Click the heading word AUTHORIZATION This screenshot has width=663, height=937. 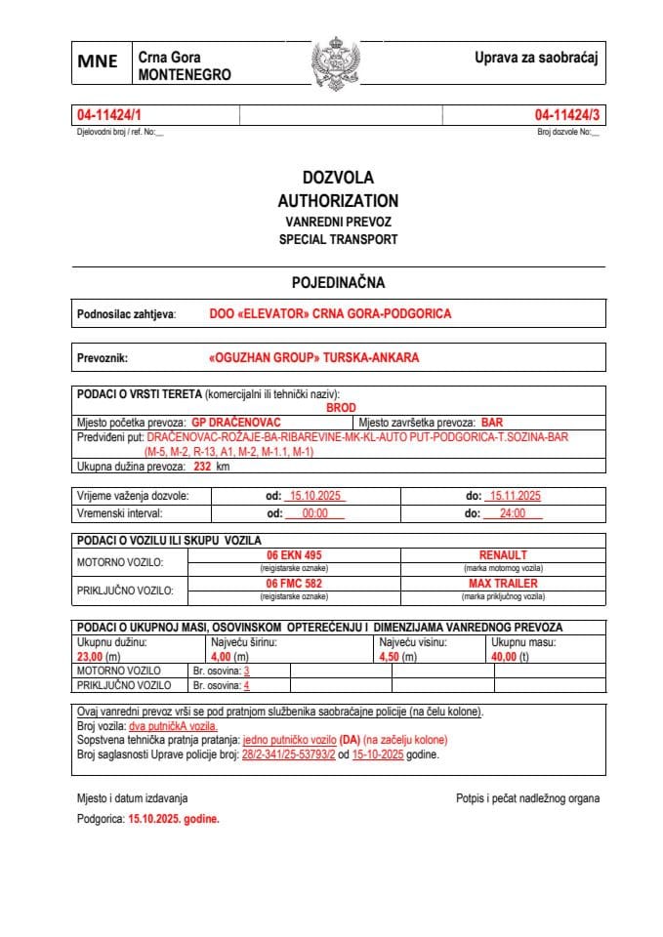point(338,200)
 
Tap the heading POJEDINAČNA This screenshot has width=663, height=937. point(338,283)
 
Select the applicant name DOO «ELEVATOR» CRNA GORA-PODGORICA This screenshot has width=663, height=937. point(330,314)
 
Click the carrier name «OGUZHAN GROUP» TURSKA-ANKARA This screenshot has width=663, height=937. point(314,358)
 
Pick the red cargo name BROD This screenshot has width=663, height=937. point(342,408)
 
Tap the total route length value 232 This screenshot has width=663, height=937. point(202,467)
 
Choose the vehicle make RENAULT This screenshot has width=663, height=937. point(503,555)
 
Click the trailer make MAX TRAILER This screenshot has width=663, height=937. point(503,584)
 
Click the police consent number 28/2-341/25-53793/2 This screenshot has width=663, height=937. point(288,754)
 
